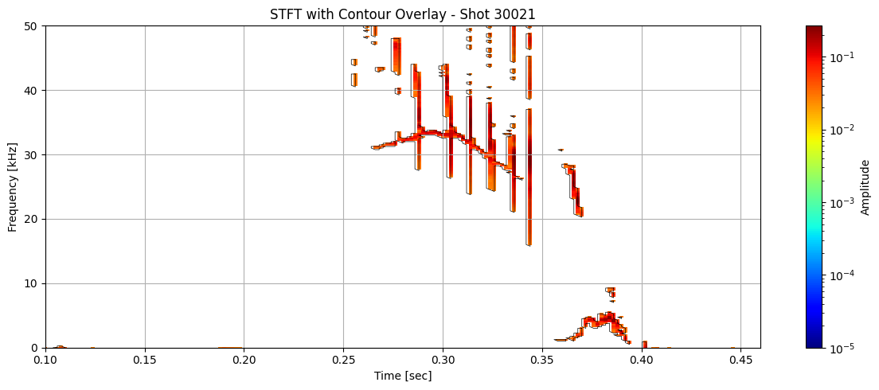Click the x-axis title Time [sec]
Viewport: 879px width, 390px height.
point(403,376)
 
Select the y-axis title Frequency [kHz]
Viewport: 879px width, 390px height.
point(12,187)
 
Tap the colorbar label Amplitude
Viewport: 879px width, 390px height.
point(865,187)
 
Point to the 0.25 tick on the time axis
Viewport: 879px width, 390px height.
point(343,360)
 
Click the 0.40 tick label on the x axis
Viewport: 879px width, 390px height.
point(642,360)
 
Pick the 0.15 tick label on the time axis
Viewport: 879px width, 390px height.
point(145,360)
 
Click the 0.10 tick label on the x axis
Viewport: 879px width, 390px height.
point(45,360)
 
